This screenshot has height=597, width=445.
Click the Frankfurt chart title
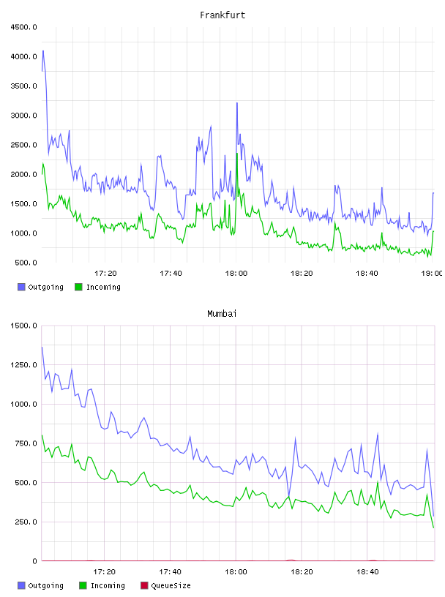(222, 15)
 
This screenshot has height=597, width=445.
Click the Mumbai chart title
(222, 314)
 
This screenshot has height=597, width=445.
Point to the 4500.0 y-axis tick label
(24, 27)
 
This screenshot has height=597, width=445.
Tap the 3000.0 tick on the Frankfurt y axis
(24, 116)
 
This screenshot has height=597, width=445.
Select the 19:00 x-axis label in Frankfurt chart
(432, 274)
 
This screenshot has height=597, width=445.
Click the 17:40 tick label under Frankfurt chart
(171, 274)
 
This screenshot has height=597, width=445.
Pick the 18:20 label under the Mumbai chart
(302, 572)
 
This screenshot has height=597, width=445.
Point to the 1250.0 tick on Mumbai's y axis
(24, 365)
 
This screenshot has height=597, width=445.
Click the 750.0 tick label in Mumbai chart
(26, 443)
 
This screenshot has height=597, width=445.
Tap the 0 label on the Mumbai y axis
(34, 561)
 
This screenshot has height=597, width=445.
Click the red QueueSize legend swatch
(144, 585)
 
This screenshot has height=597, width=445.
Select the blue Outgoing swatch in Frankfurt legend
(21, 287)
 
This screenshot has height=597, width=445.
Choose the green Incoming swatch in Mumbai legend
(83, 585)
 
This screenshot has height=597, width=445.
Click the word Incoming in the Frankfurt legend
(103, 288)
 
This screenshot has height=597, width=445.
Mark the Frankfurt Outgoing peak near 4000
(43, 50)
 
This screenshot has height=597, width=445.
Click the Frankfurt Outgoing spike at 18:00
(237, 103)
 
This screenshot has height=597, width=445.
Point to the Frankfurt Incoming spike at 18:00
(237, 154)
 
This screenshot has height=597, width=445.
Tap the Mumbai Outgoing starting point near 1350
(42, 348)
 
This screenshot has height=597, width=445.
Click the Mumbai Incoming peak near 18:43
(378, 481)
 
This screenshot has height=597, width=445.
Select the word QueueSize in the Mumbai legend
(171, 586)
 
